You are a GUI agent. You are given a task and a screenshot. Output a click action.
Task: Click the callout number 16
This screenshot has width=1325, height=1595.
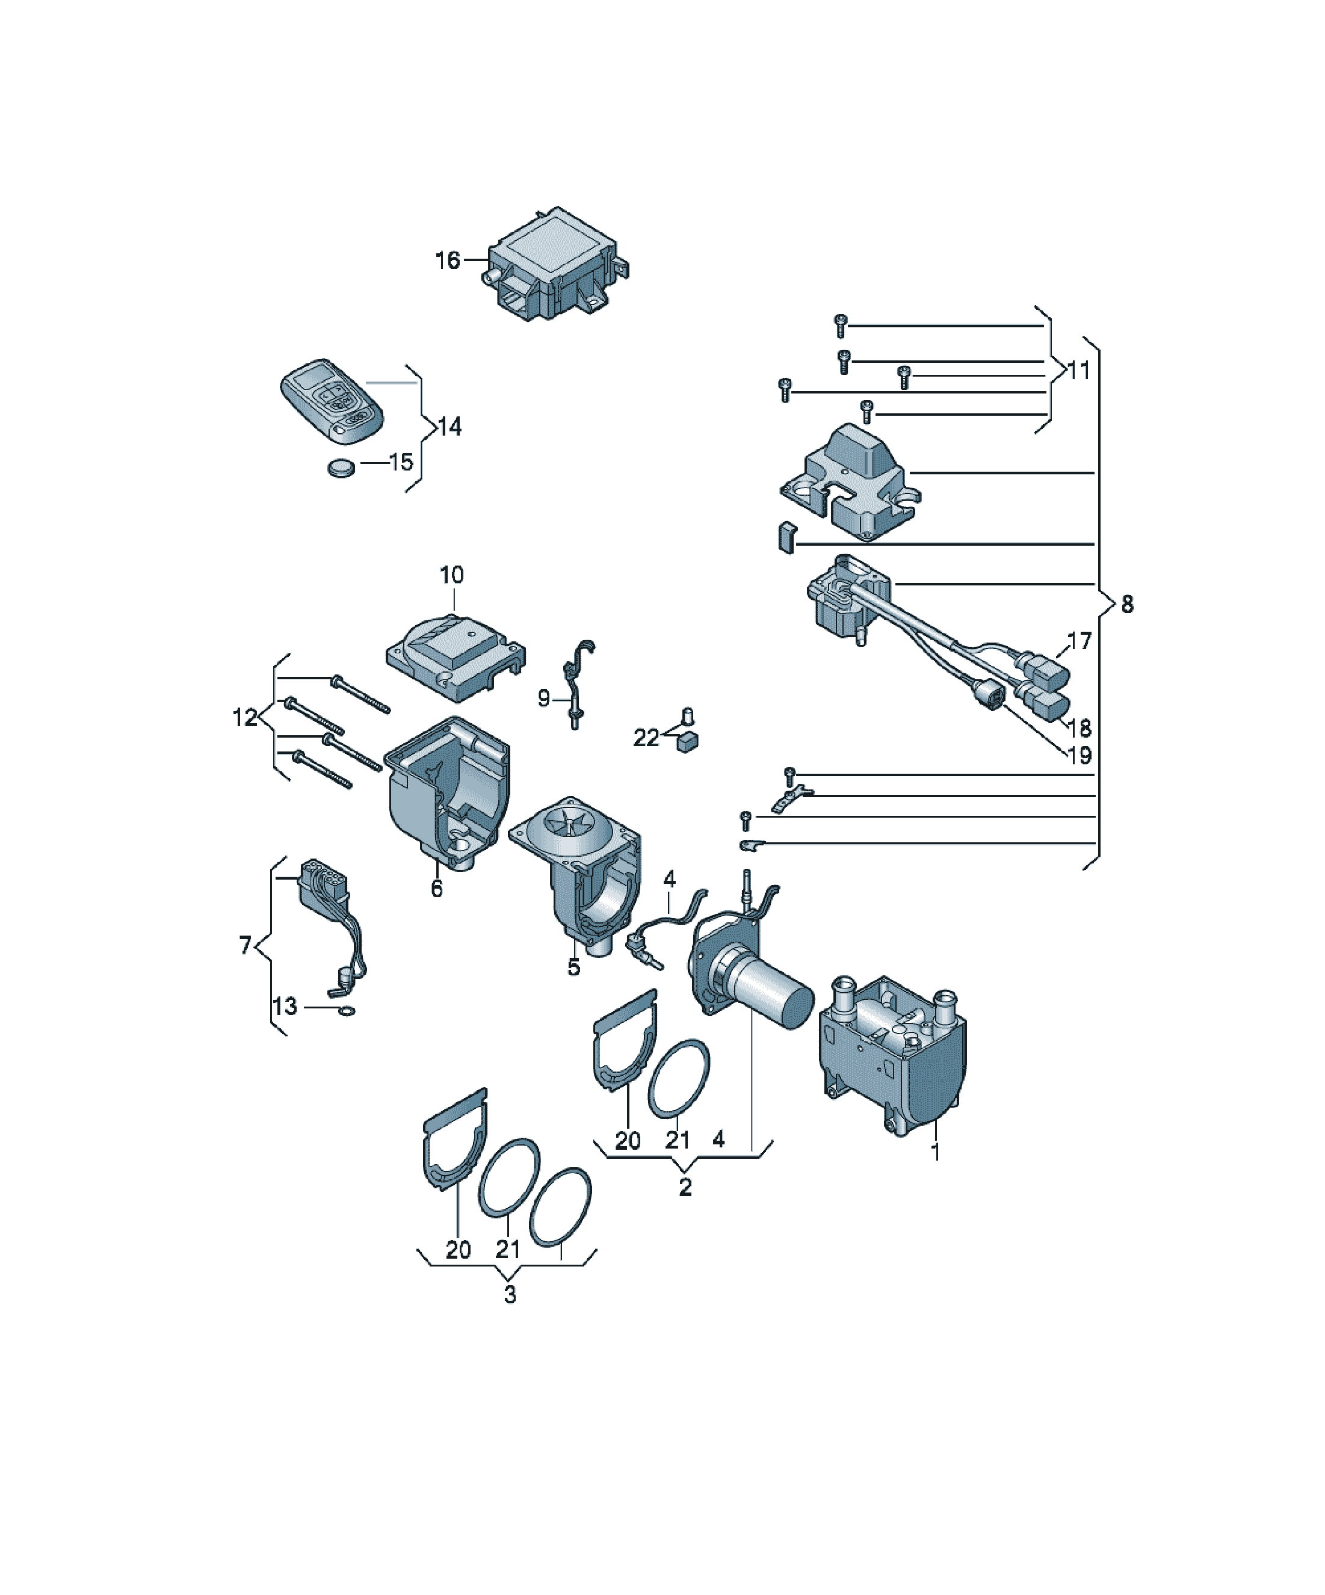tap(448, 261)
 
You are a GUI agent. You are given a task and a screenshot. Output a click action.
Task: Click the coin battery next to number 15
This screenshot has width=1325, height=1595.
tap(342, 467)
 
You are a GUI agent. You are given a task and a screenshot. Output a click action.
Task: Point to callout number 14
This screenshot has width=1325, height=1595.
tap(449, 427)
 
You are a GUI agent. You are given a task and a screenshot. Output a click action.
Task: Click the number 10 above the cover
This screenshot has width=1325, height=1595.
tap(451, 575)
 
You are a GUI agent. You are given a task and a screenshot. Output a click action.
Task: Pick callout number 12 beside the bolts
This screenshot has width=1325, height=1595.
tap(245, 717)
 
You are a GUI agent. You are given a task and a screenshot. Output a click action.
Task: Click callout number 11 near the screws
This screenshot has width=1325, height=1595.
tap(1079, 371)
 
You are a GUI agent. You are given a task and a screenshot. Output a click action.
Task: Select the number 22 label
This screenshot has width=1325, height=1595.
tap(646, 738)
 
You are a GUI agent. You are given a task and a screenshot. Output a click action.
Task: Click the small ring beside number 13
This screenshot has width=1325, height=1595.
tap(347, 1011)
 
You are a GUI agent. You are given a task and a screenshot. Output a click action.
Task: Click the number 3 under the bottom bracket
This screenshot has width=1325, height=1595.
tap(510, 1295)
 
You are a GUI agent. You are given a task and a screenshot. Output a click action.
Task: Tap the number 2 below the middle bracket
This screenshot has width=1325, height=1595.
tap(685, 1187)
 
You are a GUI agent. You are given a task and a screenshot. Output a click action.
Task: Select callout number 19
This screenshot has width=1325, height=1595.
tap(1079, 755)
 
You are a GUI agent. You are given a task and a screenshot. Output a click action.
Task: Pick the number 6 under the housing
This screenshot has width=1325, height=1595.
tap(437, 888)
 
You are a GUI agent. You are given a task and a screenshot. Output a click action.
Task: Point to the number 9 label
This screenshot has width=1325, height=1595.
tap(543, 698)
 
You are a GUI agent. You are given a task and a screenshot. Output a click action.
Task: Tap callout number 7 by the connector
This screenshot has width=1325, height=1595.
tap(245, 946)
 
